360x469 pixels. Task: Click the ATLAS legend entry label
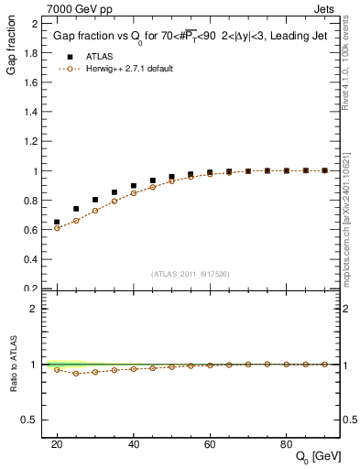(98, 56)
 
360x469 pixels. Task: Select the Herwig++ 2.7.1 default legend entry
(130, 69)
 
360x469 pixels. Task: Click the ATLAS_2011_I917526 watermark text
(190, 274)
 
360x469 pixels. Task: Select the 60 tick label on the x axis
(209, 443)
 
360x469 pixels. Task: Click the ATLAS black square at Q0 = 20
(57, 222)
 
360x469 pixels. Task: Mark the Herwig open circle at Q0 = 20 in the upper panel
(57, 228)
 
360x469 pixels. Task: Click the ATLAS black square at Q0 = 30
(95, 200)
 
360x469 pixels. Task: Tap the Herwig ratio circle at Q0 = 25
(76, 374)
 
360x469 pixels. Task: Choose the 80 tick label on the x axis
(286, 443)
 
